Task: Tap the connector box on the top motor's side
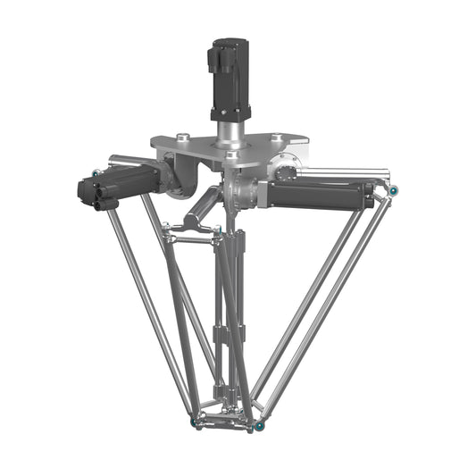[x=213, y=60]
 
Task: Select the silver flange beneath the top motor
[x=229, y=134]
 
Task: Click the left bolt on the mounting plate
[x=182, y=137]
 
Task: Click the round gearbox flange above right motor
[x=286, y=168]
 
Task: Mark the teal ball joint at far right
[x=392, y=189]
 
